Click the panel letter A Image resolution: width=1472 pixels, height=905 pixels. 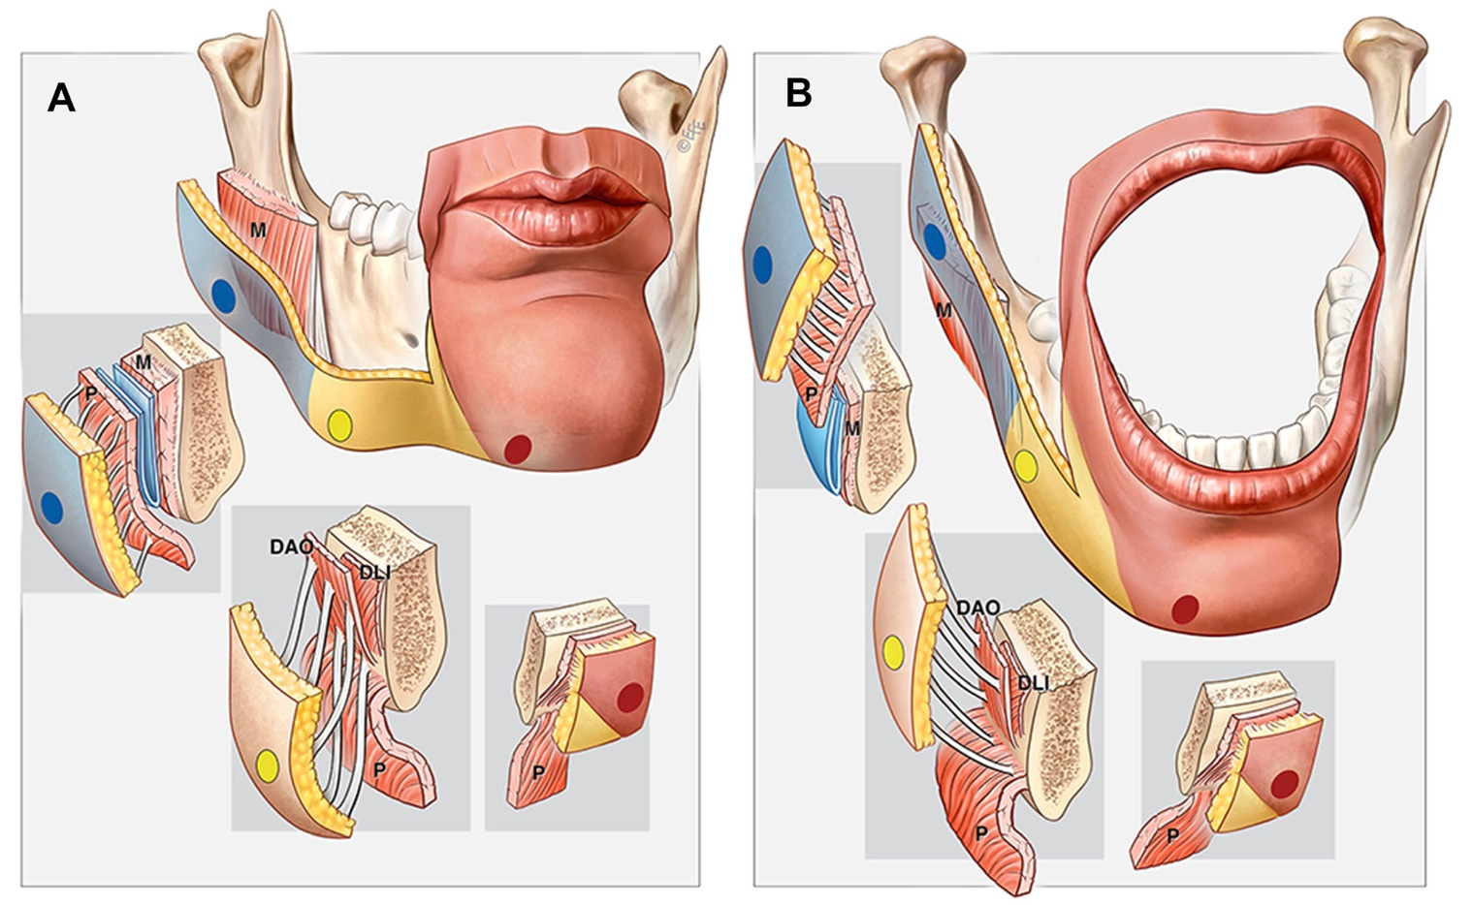pyautogui.click(x=61, y=97)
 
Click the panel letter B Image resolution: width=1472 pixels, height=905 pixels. pyautogui.click(x=798, y=92)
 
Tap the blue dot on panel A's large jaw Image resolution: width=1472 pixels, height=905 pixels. pyautogui.click(x=224, y=295)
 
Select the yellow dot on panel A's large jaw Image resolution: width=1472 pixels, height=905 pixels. pyautogui.click(x=339, y=424)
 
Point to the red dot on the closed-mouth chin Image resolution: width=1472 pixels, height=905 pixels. pyautogui.click(x=518, y=449)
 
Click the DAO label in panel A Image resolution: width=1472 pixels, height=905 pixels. pyautogui.click(x=291, y=547)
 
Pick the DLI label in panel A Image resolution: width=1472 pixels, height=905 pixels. pyautogui.click(x=374, y=572)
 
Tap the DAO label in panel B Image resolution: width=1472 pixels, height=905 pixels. pyautogui.click(x=977, y=608)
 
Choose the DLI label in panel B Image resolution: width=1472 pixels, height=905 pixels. pyautogui.click(x=1033, y=683)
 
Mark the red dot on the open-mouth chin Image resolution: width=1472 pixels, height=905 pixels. pyautogui.click(x=1184, y=609)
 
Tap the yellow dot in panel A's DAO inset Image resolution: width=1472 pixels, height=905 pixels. pyautogui.click(x=267, y=766)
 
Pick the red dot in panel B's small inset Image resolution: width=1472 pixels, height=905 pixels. pyautogui.click(x=1285, y=783)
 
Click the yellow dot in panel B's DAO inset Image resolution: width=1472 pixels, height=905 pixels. pyautogui.click(x=893, y=654)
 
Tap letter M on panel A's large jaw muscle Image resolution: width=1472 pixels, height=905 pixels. pyautogui.click(x=258, y=231)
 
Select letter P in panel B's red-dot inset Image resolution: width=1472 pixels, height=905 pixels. pyautogui.click(x=1171, y=834)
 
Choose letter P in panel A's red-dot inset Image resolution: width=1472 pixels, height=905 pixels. pyautogui.click(x=537, y=772)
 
